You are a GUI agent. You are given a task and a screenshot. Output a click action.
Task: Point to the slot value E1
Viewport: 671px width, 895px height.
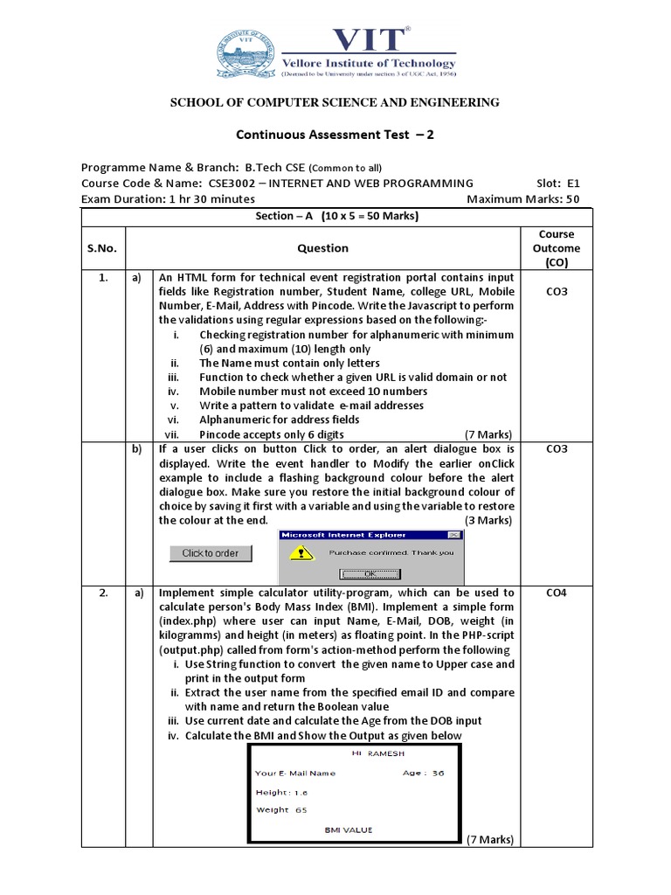pyautogui.click(x=573, y=184)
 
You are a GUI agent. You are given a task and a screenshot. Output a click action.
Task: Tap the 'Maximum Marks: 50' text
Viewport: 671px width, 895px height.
pyautogui.click(x=523, y=198)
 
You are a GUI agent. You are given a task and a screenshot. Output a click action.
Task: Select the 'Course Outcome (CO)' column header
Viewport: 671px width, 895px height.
pyautogui.click(x=557, y=248)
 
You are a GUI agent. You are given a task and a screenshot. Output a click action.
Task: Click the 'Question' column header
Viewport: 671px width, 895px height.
pyautogui.click(x=322, y=248)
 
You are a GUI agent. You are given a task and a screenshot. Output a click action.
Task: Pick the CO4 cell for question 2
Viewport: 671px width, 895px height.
pyautogui.click(x=557, y=593)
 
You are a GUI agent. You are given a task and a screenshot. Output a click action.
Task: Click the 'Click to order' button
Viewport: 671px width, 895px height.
pyautogui.click(x=210, y=553)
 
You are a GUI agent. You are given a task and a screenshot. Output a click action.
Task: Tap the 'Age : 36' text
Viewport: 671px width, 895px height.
pyautogui.click(x=423, y=774)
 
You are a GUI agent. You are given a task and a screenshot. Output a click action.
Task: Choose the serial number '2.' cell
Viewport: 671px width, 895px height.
pyautogui.click(x=103, y=593)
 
